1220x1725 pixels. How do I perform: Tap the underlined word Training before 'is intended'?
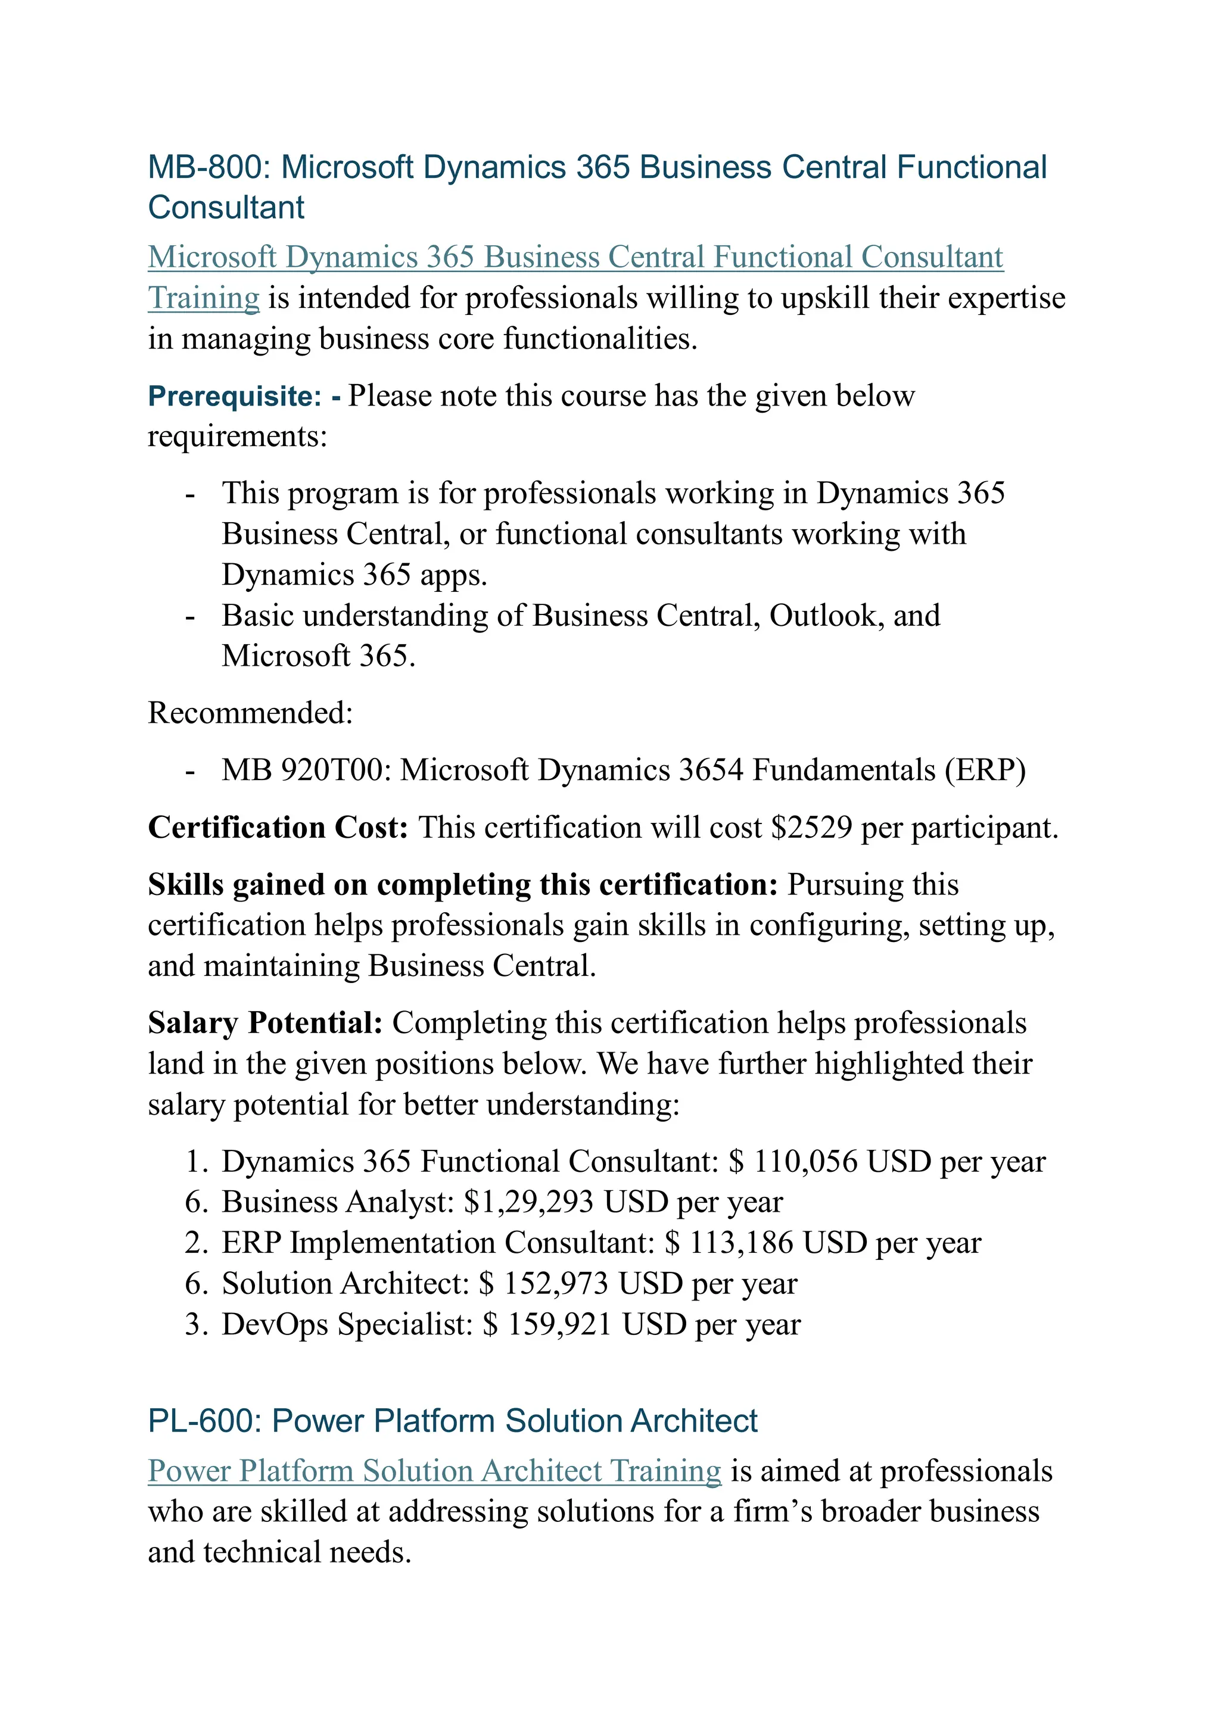pos(203,298)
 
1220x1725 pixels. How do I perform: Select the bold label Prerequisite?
pos(235,396)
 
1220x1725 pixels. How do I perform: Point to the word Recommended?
pos(250,713)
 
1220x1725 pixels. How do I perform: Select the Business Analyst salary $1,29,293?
pos(528,1202)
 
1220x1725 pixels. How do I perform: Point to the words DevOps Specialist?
pos(347,1324)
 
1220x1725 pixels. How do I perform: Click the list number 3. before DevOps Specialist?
pos(195,1324)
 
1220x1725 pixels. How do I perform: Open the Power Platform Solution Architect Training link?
pos(434,1471)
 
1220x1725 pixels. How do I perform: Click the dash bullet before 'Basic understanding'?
pos(190,617)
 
